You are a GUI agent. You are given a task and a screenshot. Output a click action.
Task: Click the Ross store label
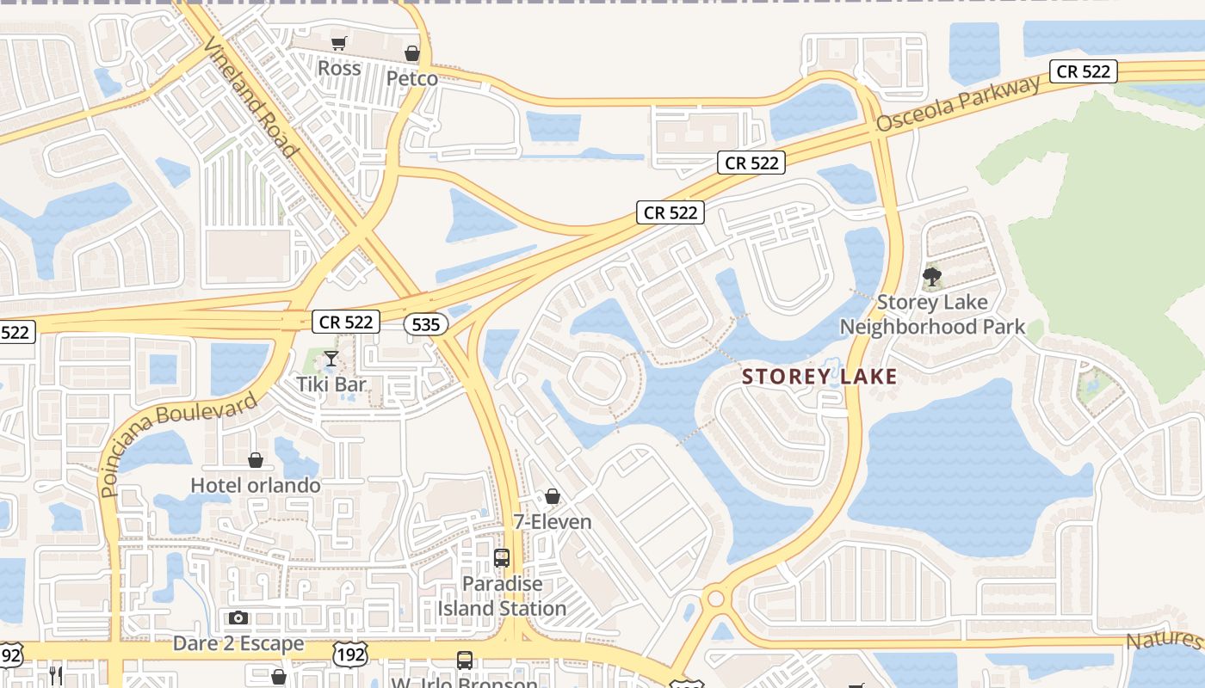point(339,68)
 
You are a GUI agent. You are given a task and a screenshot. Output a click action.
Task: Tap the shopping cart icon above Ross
point(339,43)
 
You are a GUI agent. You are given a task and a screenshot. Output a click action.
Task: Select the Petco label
point(411,78)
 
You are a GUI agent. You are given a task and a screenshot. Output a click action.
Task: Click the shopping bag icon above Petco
point(412,53)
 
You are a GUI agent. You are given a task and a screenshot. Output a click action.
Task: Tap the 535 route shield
point(425,325)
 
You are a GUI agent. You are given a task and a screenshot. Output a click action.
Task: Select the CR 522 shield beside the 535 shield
point(345,322)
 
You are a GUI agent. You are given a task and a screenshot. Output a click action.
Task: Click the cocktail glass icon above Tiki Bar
point(331,359)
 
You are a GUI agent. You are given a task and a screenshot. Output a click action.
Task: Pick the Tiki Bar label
point(331,384)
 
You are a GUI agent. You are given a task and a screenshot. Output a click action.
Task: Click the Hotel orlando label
point(256,485)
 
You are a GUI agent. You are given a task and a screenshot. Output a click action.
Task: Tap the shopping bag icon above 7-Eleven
point(553,497)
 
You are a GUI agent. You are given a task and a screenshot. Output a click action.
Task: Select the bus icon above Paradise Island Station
point(502,558)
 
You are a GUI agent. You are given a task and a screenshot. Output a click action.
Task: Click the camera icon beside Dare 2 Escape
point(238,617)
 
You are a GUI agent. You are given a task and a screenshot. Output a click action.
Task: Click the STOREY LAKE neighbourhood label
point(819,377)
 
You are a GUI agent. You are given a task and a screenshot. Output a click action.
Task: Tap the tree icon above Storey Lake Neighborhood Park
point(931,277)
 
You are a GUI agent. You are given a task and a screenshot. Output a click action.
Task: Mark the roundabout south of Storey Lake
point(715,599)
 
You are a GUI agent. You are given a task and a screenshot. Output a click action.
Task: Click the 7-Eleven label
point(553,522)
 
